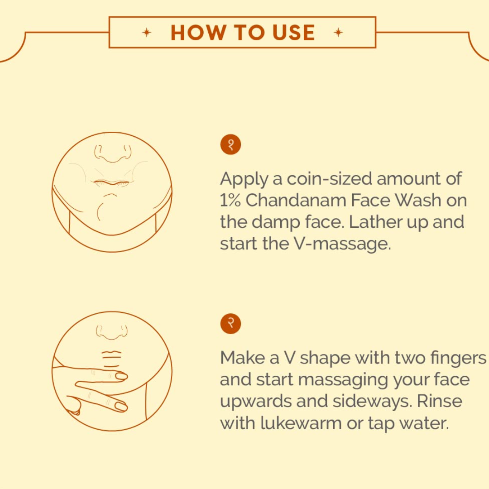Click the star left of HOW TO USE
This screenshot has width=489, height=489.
point(147,32)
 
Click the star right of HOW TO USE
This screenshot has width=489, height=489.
point(338,32)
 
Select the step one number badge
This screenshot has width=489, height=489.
point(230,144)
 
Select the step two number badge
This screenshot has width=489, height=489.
point(230,323)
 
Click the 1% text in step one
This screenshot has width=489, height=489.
point(230,200)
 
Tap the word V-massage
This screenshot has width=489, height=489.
point(342,244)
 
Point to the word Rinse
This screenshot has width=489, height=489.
point(439,401)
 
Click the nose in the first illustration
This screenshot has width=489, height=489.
point(113,153)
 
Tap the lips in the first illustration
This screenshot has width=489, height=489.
point(111,183)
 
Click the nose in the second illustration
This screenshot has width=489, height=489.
point(112,332)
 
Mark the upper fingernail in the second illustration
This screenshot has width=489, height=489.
point(121,376)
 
